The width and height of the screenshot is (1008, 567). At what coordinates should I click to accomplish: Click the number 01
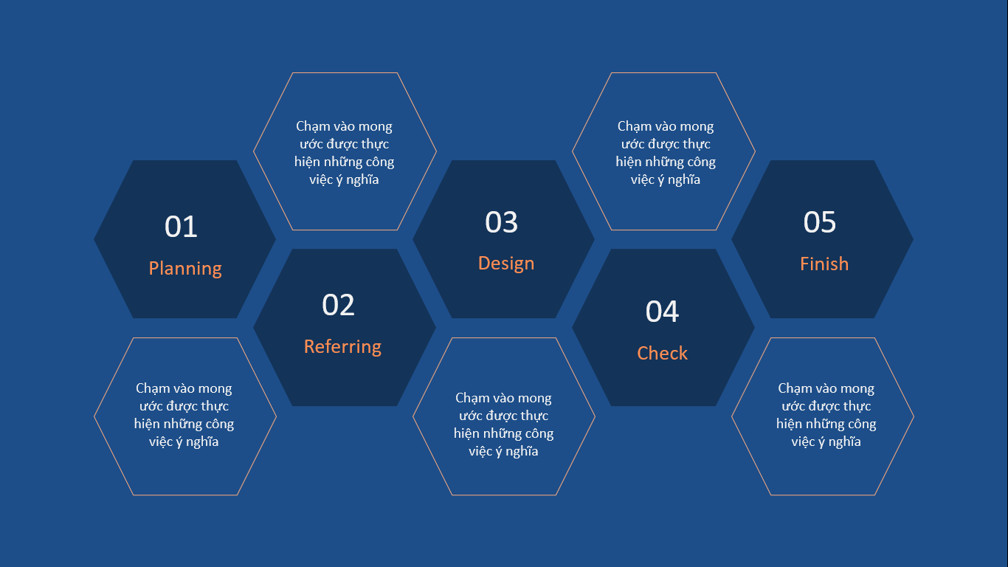point(181,226)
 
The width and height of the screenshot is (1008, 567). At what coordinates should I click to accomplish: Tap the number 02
point(339,305)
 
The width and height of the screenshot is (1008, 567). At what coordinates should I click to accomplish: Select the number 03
point(501,222)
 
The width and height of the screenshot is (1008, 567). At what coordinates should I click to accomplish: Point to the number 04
point(662,312)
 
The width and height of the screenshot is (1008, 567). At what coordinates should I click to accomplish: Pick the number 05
point(819,222)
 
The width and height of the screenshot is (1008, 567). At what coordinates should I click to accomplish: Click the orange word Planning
point(185,269)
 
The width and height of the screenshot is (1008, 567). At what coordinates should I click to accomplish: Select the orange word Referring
point(342,347)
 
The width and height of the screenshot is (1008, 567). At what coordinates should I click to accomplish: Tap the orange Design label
point(506,264)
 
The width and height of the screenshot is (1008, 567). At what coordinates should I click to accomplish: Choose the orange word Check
point(663,353)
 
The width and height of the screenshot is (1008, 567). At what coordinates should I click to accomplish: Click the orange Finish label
point(824,264)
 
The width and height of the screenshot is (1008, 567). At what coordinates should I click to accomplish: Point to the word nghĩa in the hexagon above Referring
point(362,180)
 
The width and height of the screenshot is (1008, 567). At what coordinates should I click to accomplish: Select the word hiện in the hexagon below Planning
point(145,425)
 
